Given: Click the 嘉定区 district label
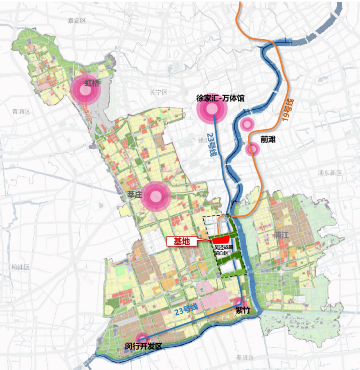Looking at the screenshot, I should tap(77, 20).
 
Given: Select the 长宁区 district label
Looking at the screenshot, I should tap(159, 92).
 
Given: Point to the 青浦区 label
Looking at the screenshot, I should tap(20, 111).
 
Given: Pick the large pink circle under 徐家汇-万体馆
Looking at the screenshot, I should tap(211, 109).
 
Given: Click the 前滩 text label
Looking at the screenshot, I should tap(268, 140).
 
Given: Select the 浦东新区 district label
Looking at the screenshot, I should tap(330, 173).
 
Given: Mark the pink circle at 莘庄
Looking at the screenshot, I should tap(155, 197).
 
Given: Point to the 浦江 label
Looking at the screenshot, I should tap(282, 236).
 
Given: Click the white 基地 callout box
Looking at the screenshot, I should tap(182, 241).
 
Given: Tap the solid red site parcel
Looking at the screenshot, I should tap(221, 241).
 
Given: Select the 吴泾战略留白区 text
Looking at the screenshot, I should tap(223, 250).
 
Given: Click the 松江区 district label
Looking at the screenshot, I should tap(20, 267).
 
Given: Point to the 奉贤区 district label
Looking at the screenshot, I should tap(245, 357).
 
